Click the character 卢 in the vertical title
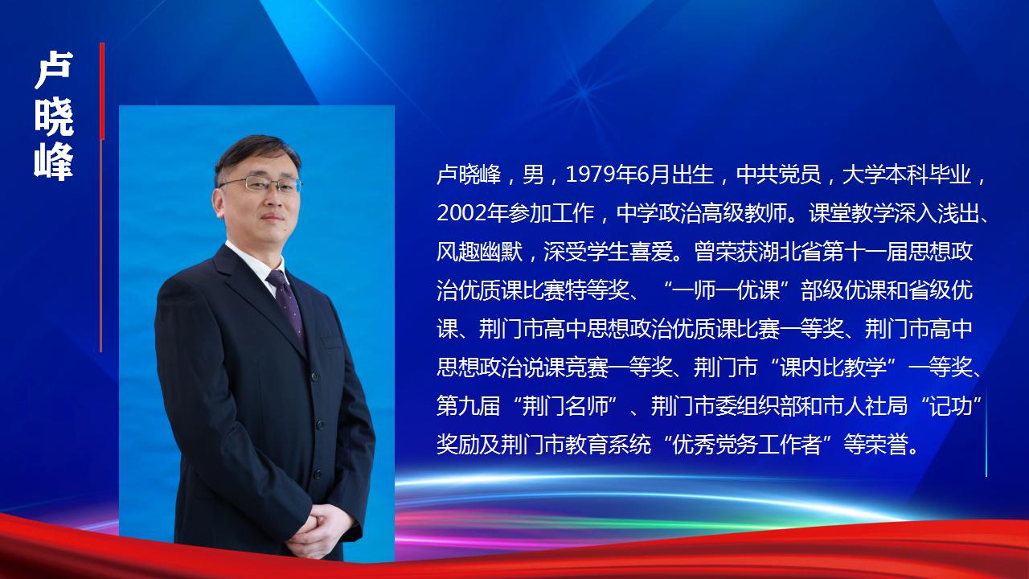pos(54,70)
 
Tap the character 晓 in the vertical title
pos(54,117)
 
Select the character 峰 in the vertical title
pos(54,162)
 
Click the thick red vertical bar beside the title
pos(102,91)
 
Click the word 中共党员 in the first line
pos(779,175)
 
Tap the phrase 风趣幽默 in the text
pos(479,252)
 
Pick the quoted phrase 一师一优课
pos(726,290)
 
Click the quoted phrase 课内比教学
pos(833,368)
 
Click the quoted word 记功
pos(951,406)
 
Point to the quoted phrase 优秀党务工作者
pos(747,445)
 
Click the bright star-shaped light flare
pos(584,92)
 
